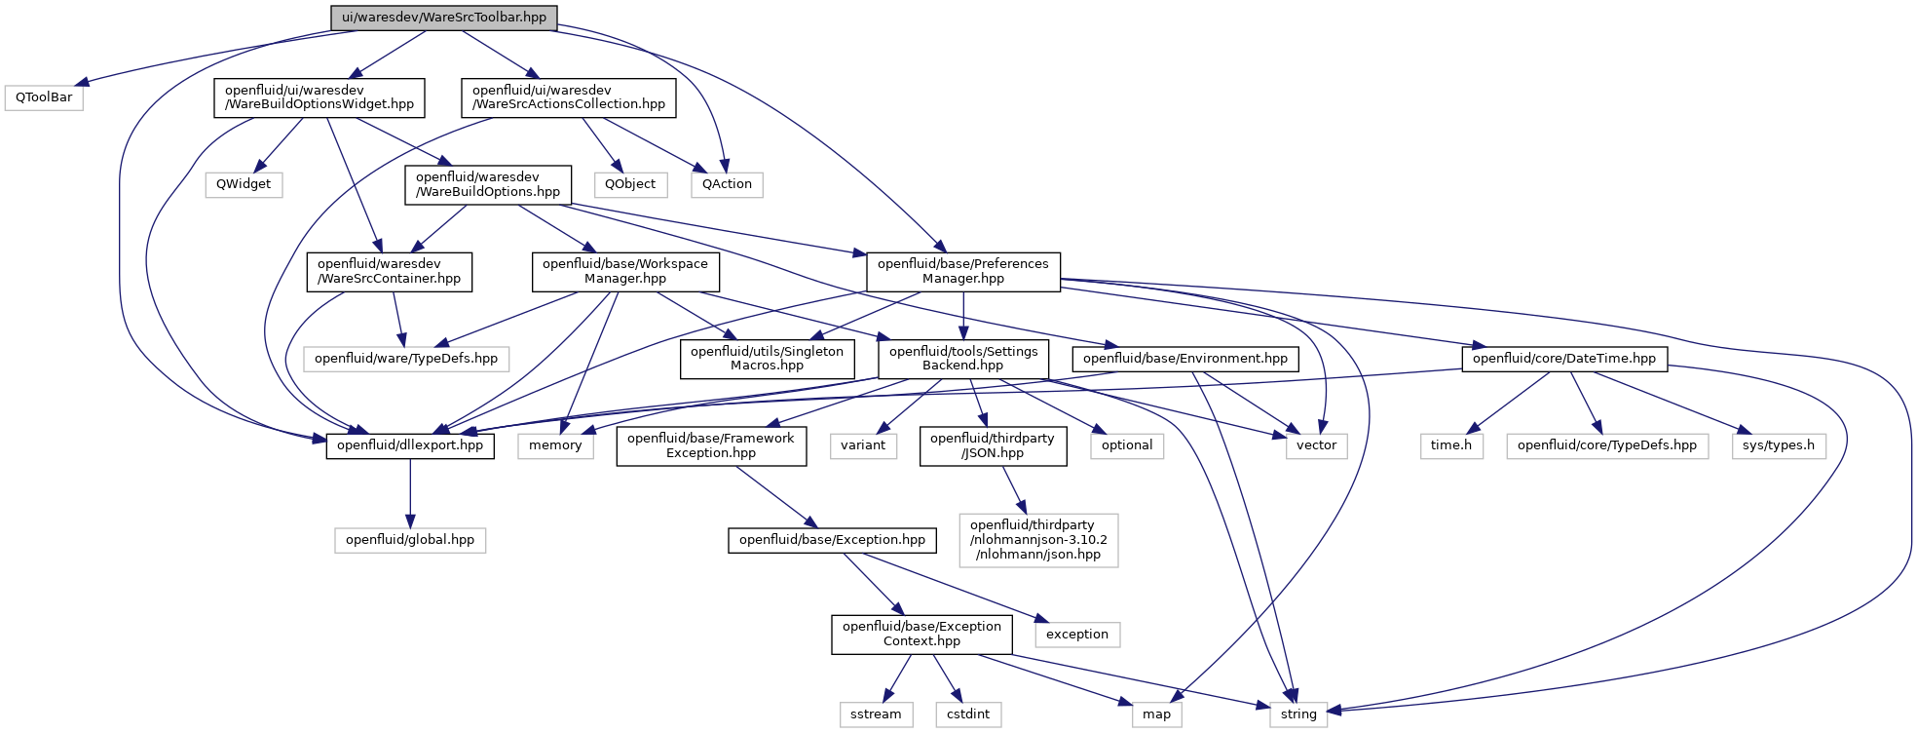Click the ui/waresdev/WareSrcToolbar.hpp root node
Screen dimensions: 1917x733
(x=444, y=18)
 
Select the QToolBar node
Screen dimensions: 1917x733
(x=44, y=97)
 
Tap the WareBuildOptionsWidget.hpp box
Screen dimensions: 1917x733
(x=319, y=97)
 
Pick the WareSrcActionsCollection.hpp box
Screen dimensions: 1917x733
(x=568, y=97)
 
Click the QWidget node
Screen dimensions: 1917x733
(x=244, y=184)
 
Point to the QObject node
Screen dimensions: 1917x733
(x=630, y=184)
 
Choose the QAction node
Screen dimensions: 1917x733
(x=727, y=184)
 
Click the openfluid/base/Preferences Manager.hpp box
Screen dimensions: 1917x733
(x=963, y=271)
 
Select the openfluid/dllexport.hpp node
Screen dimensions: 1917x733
(x=410, y=445)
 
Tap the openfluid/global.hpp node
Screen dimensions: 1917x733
(x=410, y=540)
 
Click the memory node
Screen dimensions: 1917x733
(x=555, y=445)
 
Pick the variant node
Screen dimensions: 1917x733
(x=863, y=445)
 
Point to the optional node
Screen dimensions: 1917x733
(x=1127, y=445)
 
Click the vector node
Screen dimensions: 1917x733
(x=1316, y=445)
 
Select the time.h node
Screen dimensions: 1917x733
(x=1451, y=445)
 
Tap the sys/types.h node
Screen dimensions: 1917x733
(x=1779, y=445)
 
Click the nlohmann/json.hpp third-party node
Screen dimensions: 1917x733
(x=1038, y=540)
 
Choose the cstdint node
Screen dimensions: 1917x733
(x=968, y=714)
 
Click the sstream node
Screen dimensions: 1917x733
(x=876, y=714)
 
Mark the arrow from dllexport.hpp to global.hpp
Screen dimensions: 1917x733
(x=410, y=493)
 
